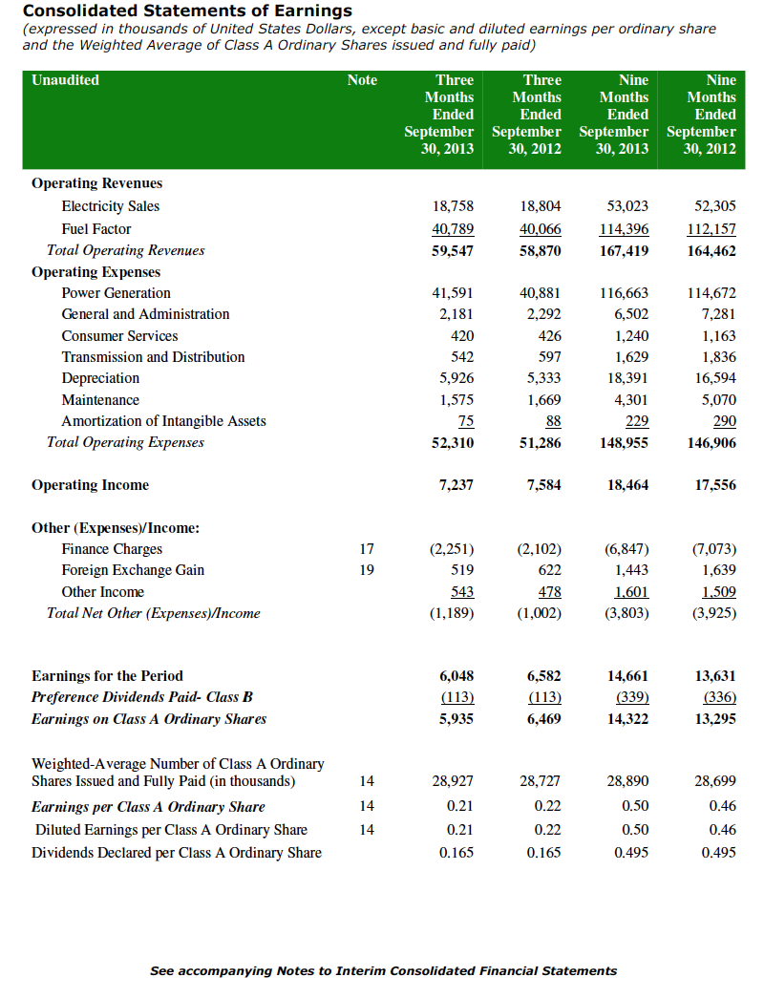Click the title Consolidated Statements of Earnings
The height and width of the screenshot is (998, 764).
click(187, 11)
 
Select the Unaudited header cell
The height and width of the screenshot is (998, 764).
click(65, 80)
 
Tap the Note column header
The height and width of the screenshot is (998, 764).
click(362, 80)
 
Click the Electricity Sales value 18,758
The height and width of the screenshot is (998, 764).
click(454, 206)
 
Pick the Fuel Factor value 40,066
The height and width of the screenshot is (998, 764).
click(541, 229)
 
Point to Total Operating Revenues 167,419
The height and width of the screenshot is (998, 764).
click(626, 251)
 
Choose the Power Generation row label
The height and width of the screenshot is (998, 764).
click(116, 293)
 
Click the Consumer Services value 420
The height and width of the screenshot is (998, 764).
click(461, 336)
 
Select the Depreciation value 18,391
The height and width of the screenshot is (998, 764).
click(628, 378)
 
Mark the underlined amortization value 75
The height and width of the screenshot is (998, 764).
click(466, 421)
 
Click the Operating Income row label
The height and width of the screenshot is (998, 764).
click(90, 485)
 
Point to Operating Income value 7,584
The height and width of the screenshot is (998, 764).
click(543, 485)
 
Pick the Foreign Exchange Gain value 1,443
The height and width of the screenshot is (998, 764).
click(631, 570)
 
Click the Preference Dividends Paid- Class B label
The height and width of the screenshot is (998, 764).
click(142, 697)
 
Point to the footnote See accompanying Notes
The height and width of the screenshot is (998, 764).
click(383, 971)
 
